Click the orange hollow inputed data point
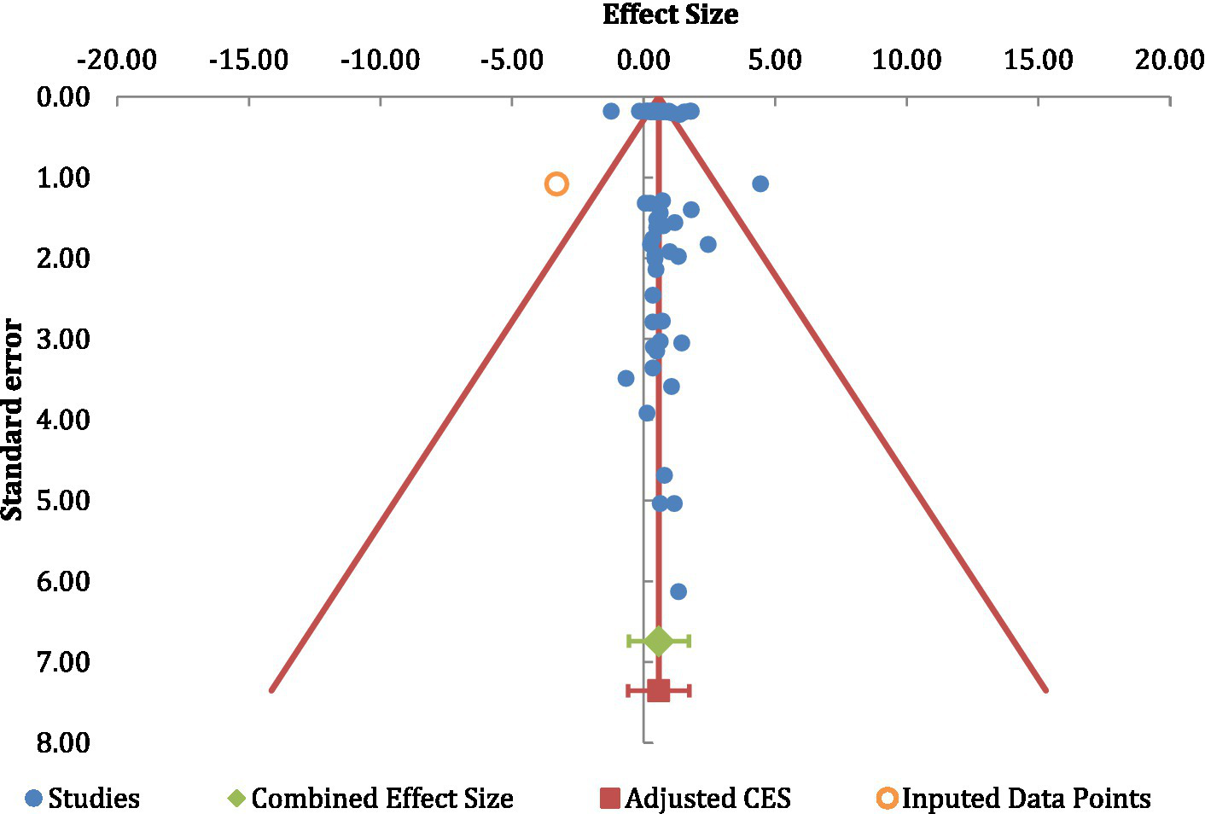(556, 183)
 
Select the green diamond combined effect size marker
(658, 641)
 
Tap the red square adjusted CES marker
(658, 690)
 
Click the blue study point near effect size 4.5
(760, 183)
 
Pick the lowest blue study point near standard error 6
(678, 591)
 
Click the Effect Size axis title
(670, 15)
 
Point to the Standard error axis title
(12, 419)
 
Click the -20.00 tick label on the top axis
(117, 60)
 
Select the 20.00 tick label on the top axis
(1168, 60)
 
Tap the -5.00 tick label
(511, 60)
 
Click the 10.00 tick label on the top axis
(906, 60)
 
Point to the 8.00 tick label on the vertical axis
(63, 742)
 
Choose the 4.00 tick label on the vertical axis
(63, 420)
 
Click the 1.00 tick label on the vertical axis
(63, 177)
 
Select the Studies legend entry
(83, 799)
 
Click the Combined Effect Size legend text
(381, 799)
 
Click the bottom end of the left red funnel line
(271, 689)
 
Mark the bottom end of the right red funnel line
(1045, 689)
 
